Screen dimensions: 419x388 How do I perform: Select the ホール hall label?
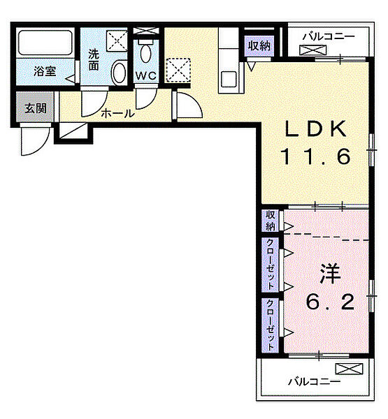coord(117,113)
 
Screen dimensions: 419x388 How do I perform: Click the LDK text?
coord(315,128)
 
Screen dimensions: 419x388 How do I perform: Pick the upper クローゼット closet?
coord(270,264)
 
